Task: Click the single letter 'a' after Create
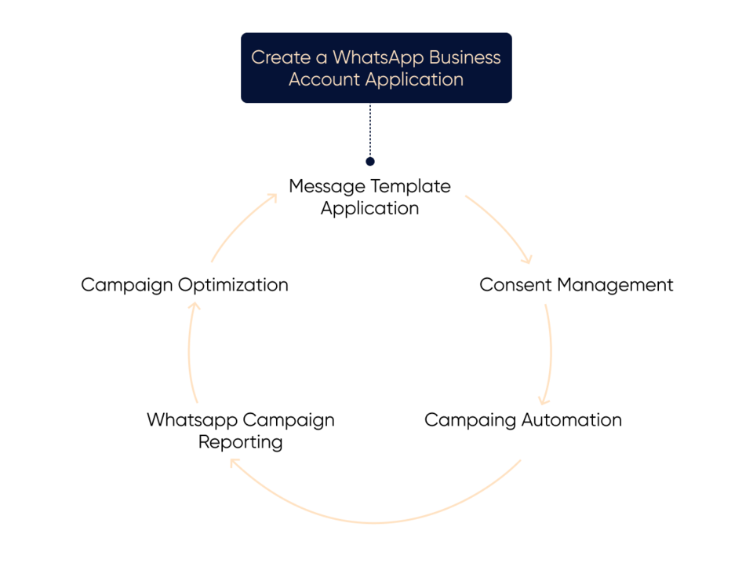click(320, 58)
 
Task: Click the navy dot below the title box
click(370, 162)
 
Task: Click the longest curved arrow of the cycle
click(376, 521)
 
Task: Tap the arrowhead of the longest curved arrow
click(234, 463)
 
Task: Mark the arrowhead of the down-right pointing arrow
click(529, 259)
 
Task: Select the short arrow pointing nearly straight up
click(190, 353)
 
